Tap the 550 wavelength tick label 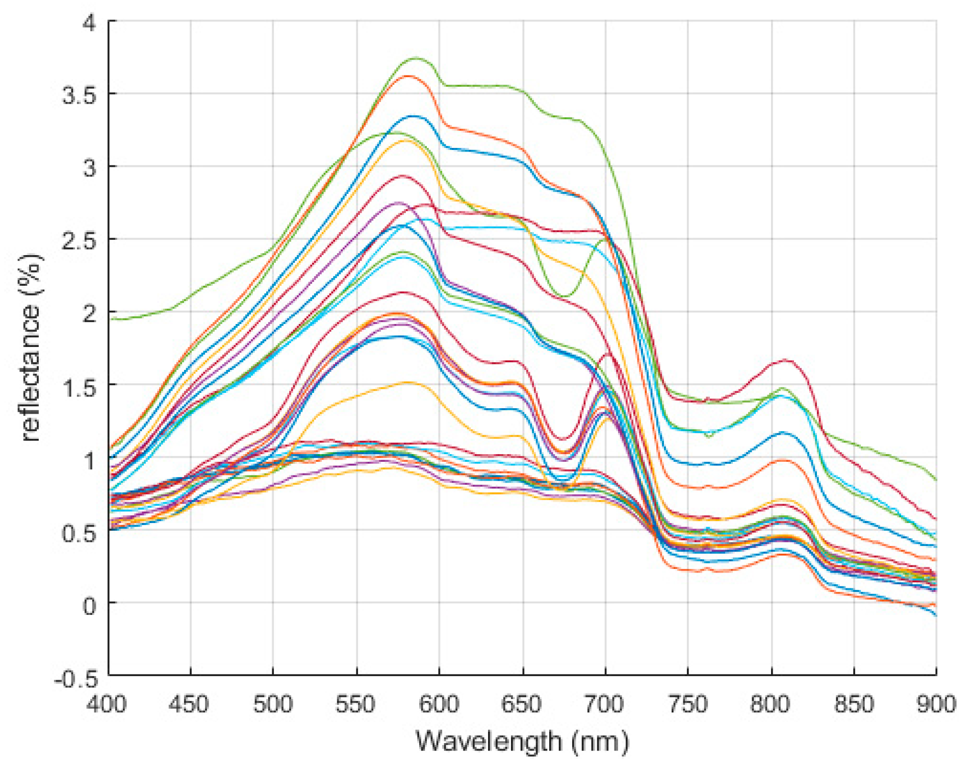click(x=355, y=705)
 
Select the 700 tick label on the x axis click(x=604, y=705)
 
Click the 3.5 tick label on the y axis click(x=79, y=95)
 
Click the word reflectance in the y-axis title click(x=31, y=372)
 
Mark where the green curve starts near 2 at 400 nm click(x=111, y=319)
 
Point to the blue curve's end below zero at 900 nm click(x=936, y=615)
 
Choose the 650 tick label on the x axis click(x=521, y=705)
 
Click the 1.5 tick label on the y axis click(x=79, y=387)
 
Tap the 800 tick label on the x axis click(x=770, y=705)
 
